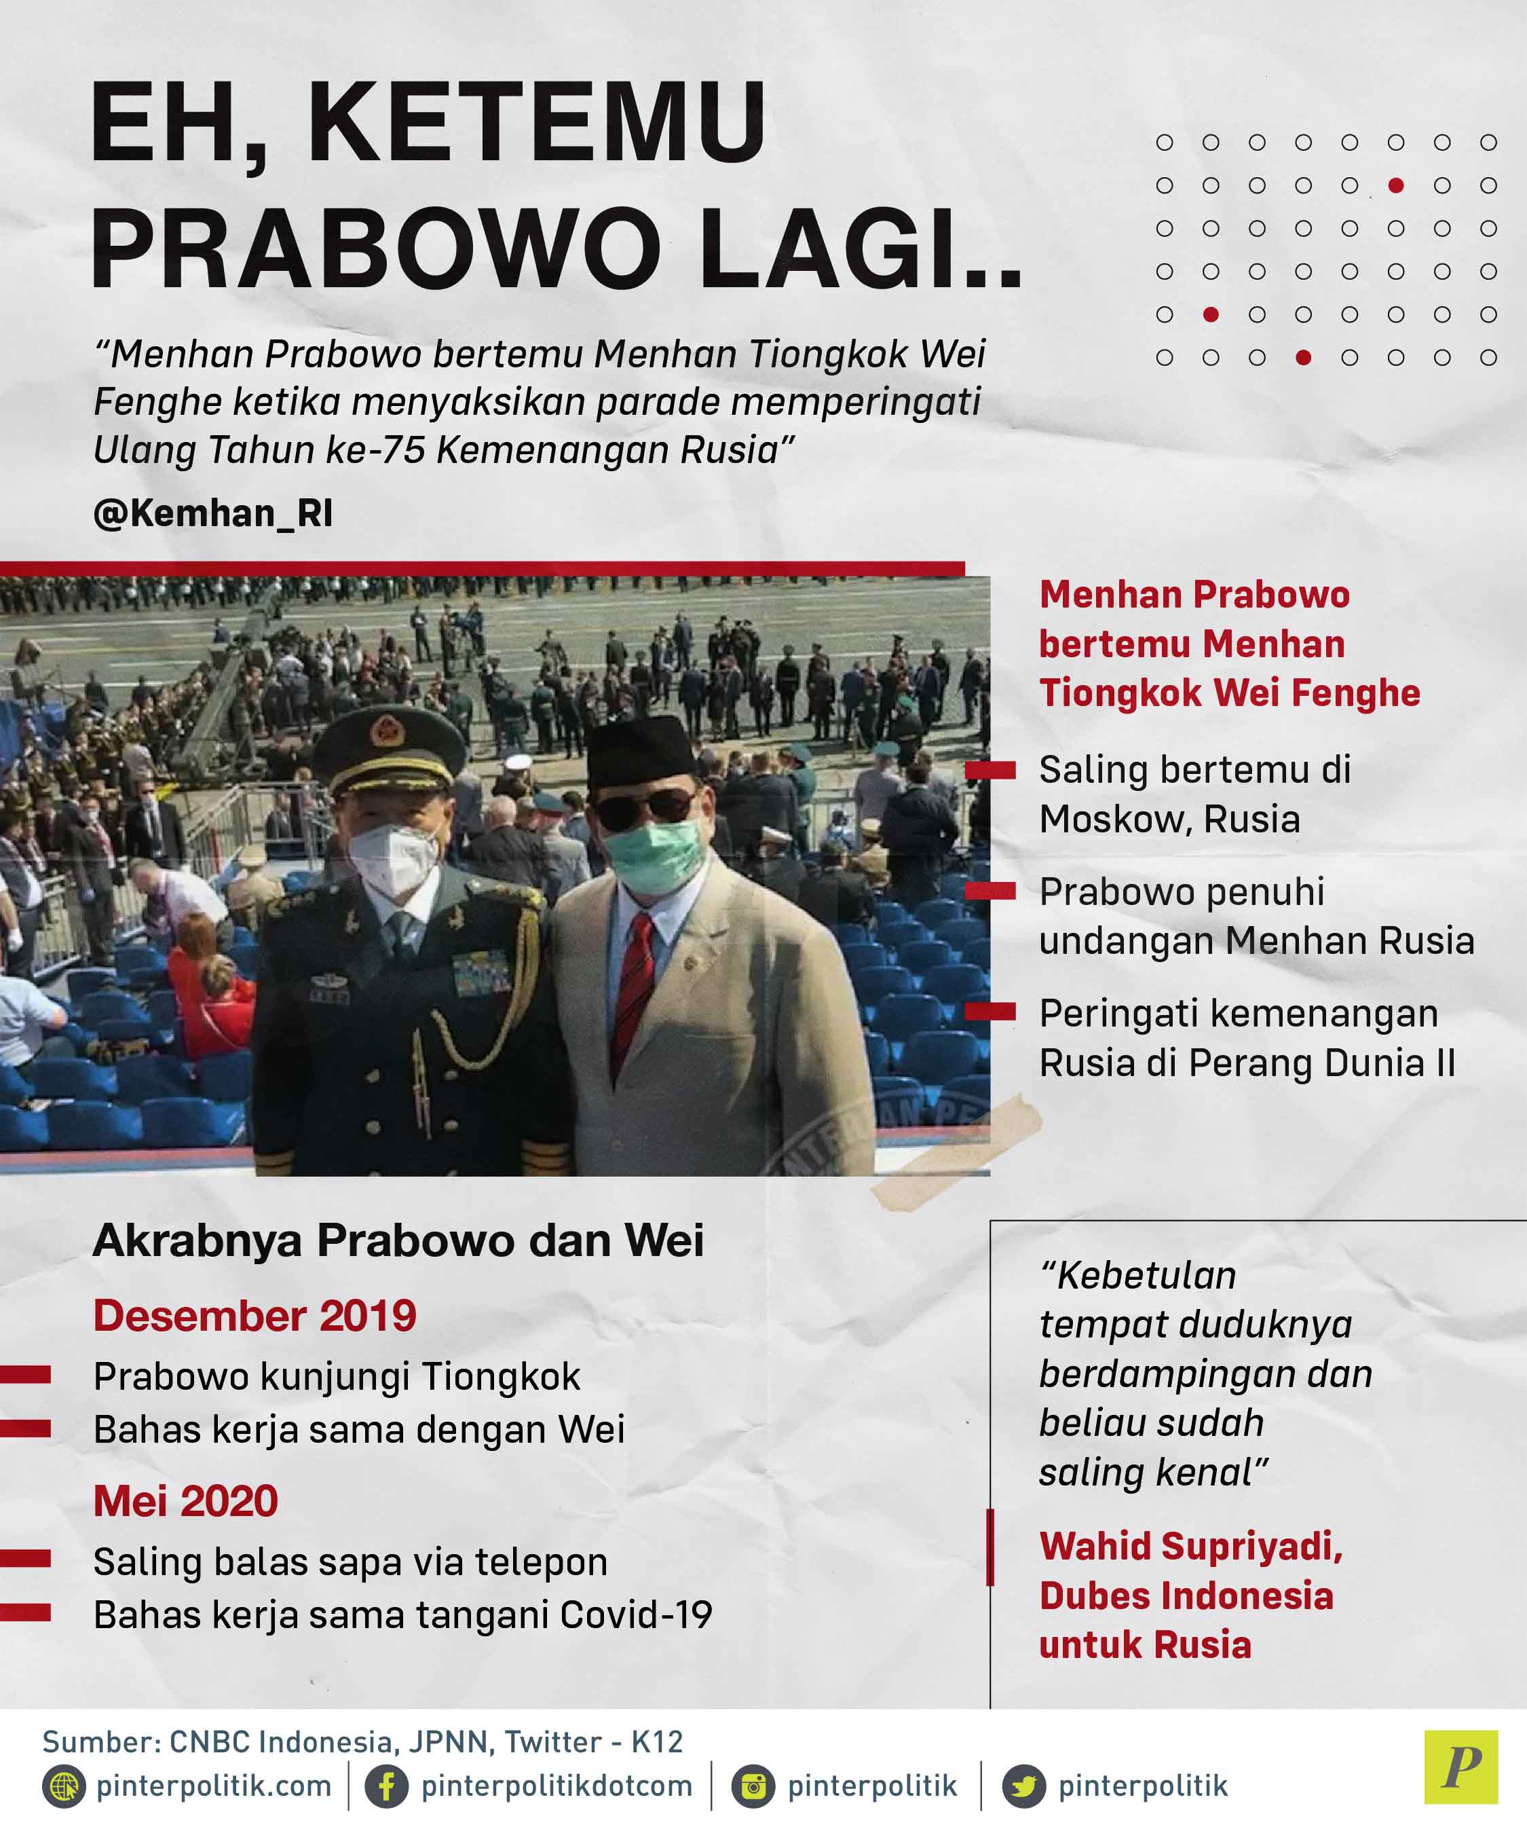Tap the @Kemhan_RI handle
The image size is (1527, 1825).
tap(213, 513)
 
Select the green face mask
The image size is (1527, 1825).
tap(652, 855)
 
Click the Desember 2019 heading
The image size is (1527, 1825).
tap(254, 1315)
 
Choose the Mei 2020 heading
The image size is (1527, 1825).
tap(185, 1501)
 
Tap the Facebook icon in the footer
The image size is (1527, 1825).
tap(387, 1787)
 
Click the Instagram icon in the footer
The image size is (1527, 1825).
tap(753, 1787)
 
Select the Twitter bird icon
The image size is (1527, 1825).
tap(1024, 1787)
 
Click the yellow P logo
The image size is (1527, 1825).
tap(1461, 1767)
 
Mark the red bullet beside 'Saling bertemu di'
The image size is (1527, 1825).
tap(990, 770)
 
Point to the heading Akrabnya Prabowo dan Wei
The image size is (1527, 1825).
tap(398, 1240)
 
